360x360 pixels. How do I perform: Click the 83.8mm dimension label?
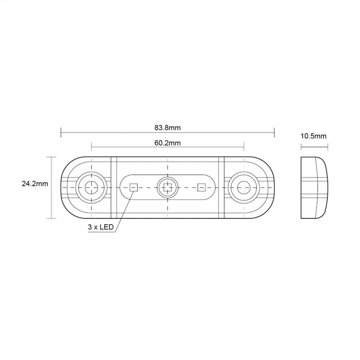(167, 128)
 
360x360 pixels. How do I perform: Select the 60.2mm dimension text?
(167, 143)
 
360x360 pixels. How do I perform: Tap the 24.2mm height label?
(35, 184)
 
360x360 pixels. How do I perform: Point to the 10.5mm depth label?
(313, 136)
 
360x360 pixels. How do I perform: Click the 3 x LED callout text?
(100, 227)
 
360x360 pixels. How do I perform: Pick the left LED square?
(133, 187)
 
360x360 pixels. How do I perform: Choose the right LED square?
(201, 187)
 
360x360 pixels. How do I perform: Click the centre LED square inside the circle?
(167, 188)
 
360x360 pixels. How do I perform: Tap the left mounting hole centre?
(91, 187)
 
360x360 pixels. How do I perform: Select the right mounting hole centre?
(244, 187)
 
